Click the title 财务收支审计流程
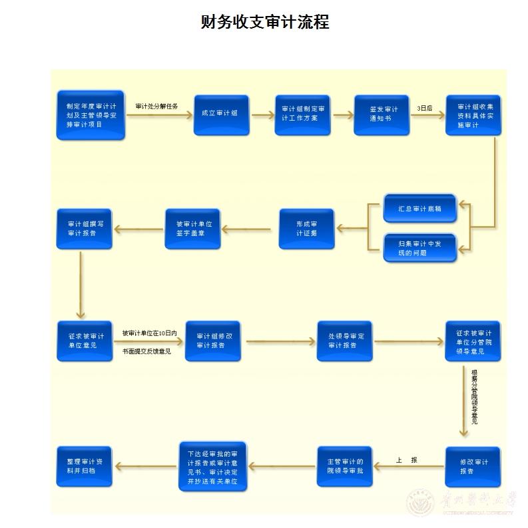pyautogui.click(x=264, y=22)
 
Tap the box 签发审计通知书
pyautogui.click(x=381, y=114)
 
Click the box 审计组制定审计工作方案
pyautogui.click(x=302, y=114)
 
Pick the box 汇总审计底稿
pyautogui.click(x=419, y=209)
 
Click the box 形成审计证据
pyautogui.click(x=306, y=229)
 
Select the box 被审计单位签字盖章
pyautogui.click(x=192, y=229)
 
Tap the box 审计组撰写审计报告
pyautogui.click(x=84, y=229)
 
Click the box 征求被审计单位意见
pyautogui.click(x=84, y=341)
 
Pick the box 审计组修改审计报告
pyautogui.click(x=212, y=341)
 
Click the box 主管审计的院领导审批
pyautogui.click(x=344, y=466)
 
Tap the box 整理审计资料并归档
pyautogui.click(x=84, y=466)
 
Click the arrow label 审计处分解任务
pyautogui.click(x=156, y=106)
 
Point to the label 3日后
pyautogui.click(x=424, y=107)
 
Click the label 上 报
pyautogui.click(x=406, y=460)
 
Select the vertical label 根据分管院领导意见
pyautogui.click(x=474, y=397)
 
